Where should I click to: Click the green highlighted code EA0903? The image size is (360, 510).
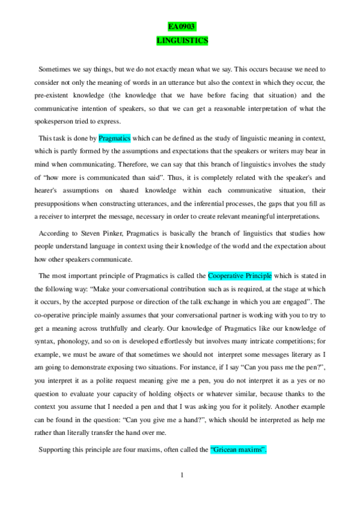pyautogui.click(x=181, y=27)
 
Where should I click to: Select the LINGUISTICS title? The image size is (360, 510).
pyautogui.click(x=181, y=40)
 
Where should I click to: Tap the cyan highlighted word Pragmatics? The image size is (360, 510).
pyautogui.click(x=114, y=138)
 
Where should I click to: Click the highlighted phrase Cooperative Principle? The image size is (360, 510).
pyautogui.click(x=240, y=276)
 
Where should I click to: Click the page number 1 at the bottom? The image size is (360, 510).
pyautogui.click(x=181, y=475)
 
